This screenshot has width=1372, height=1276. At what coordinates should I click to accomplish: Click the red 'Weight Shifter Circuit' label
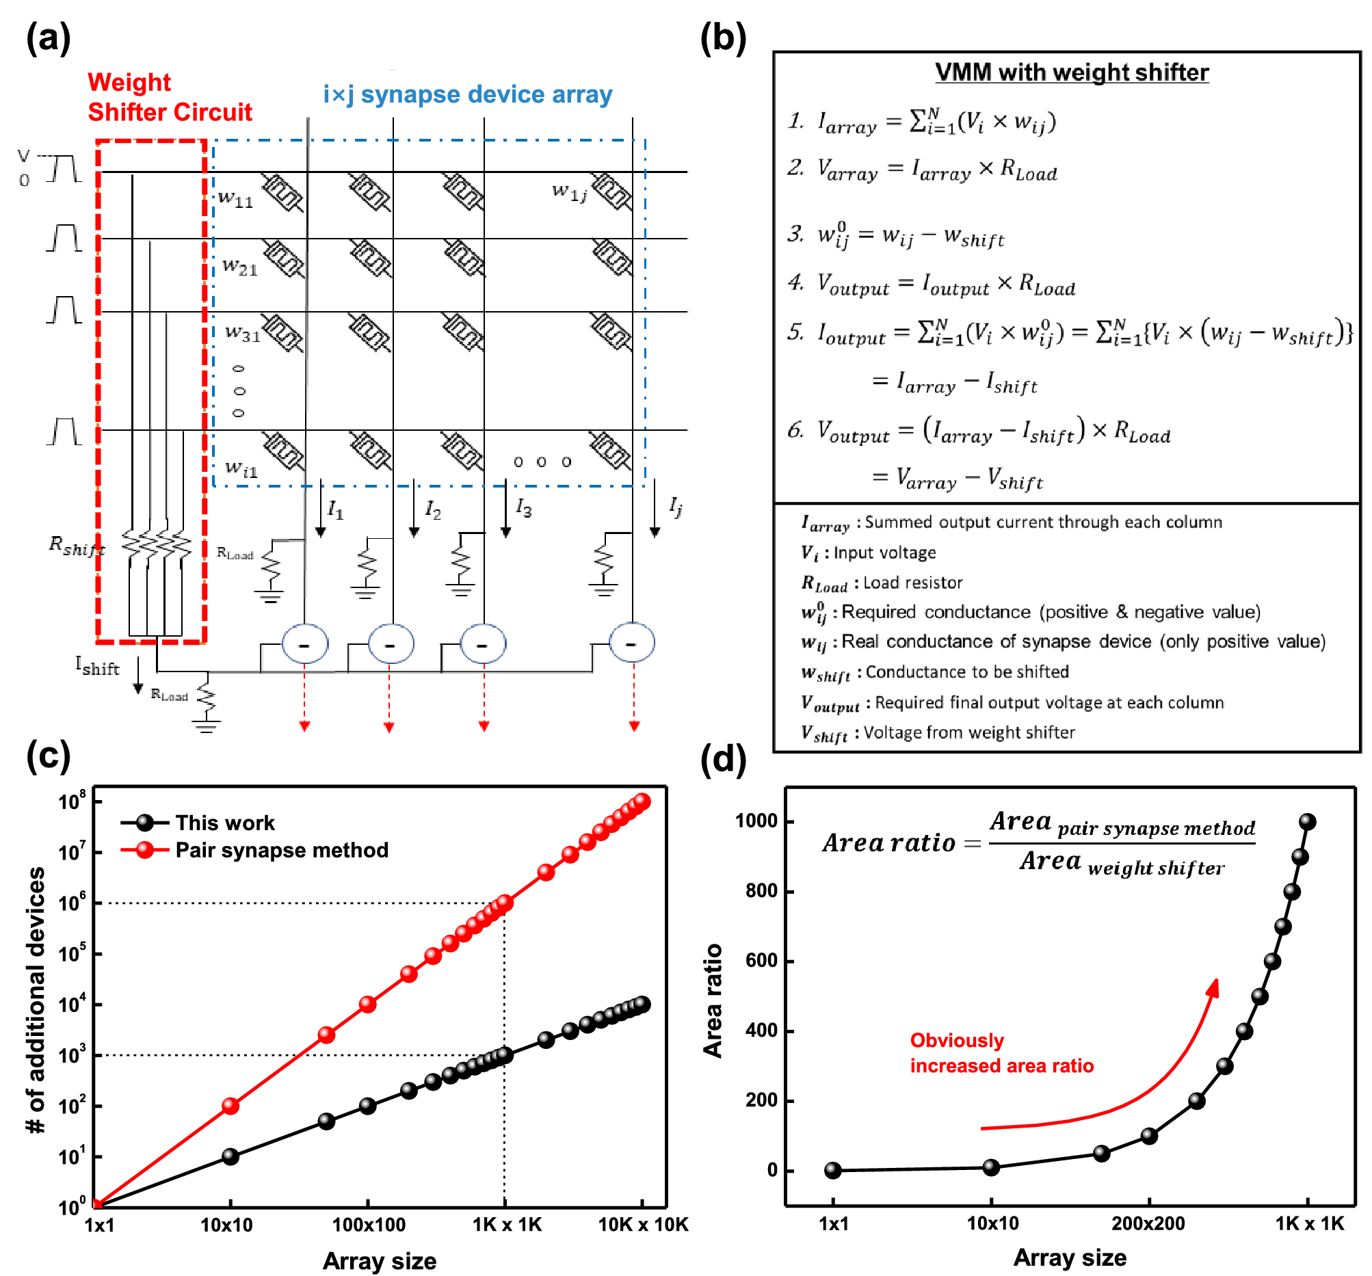(169, 97)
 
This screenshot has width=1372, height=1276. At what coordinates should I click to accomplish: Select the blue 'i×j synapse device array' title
(467, 94)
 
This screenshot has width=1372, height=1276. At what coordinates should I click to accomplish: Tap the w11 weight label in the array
(236, 200)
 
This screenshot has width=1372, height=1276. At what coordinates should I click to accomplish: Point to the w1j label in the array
(569, 192)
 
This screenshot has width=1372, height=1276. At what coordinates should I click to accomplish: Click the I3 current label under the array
(524, 509)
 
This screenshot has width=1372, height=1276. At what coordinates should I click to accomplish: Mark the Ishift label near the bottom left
(97, 667)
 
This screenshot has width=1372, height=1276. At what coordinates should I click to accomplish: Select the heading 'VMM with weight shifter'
(1071, 72)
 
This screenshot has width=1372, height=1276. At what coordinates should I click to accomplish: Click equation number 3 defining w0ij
(897, 236)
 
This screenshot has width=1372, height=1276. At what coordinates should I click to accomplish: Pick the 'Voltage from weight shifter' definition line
(938, 733)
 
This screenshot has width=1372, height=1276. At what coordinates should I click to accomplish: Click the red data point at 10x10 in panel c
(230, 1106)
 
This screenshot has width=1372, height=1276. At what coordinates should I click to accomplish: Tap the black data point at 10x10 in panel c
(230, 1156)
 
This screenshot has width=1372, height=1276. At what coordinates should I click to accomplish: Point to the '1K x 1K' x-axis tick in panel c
(507, 1225)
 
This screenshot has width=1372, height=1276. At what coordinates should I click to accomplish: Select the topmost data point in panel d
(1307, 822)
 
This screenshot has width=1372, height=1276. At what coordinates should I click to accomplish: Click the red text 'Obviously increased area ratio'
(1001, 1053)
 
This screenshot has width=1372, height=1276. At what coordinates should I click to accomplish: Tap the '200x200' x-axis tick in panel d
(1148, 1223)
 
